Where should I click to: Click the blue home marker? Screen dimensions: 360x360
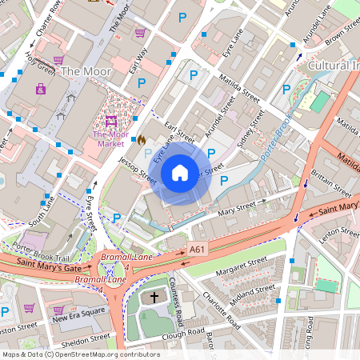(180, 172)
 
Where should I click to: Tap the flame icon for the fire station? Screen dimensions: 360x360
(142, 139)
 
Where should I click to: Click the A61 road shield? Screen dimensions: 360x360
(197, 250)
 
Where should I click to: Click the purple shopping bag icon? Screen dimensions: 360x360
(41, 88)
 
